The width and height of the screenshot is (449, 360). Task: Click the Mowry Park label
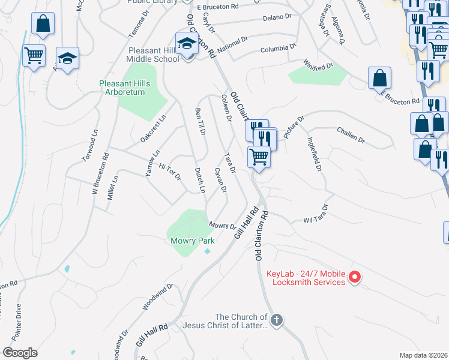tap(192, 241)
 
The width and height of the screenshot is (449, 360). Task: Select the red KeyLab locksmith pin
tap(354, 277)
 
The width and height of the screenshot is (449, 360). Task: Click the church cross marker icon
tap(276, 320)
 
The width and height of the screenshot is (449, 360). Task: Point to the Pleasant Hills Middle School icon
tap(187, 44)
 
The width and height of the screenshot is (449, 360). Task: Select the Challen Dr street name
tap(351, 135)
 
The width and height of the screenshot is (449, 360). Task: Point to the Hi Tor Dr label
tap(169, 172)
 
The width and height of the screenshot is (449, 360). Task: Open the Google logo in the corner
tap(20, 353)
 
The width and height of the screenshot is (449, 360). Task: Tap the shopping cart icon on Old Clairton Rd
tap(259, 157)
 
